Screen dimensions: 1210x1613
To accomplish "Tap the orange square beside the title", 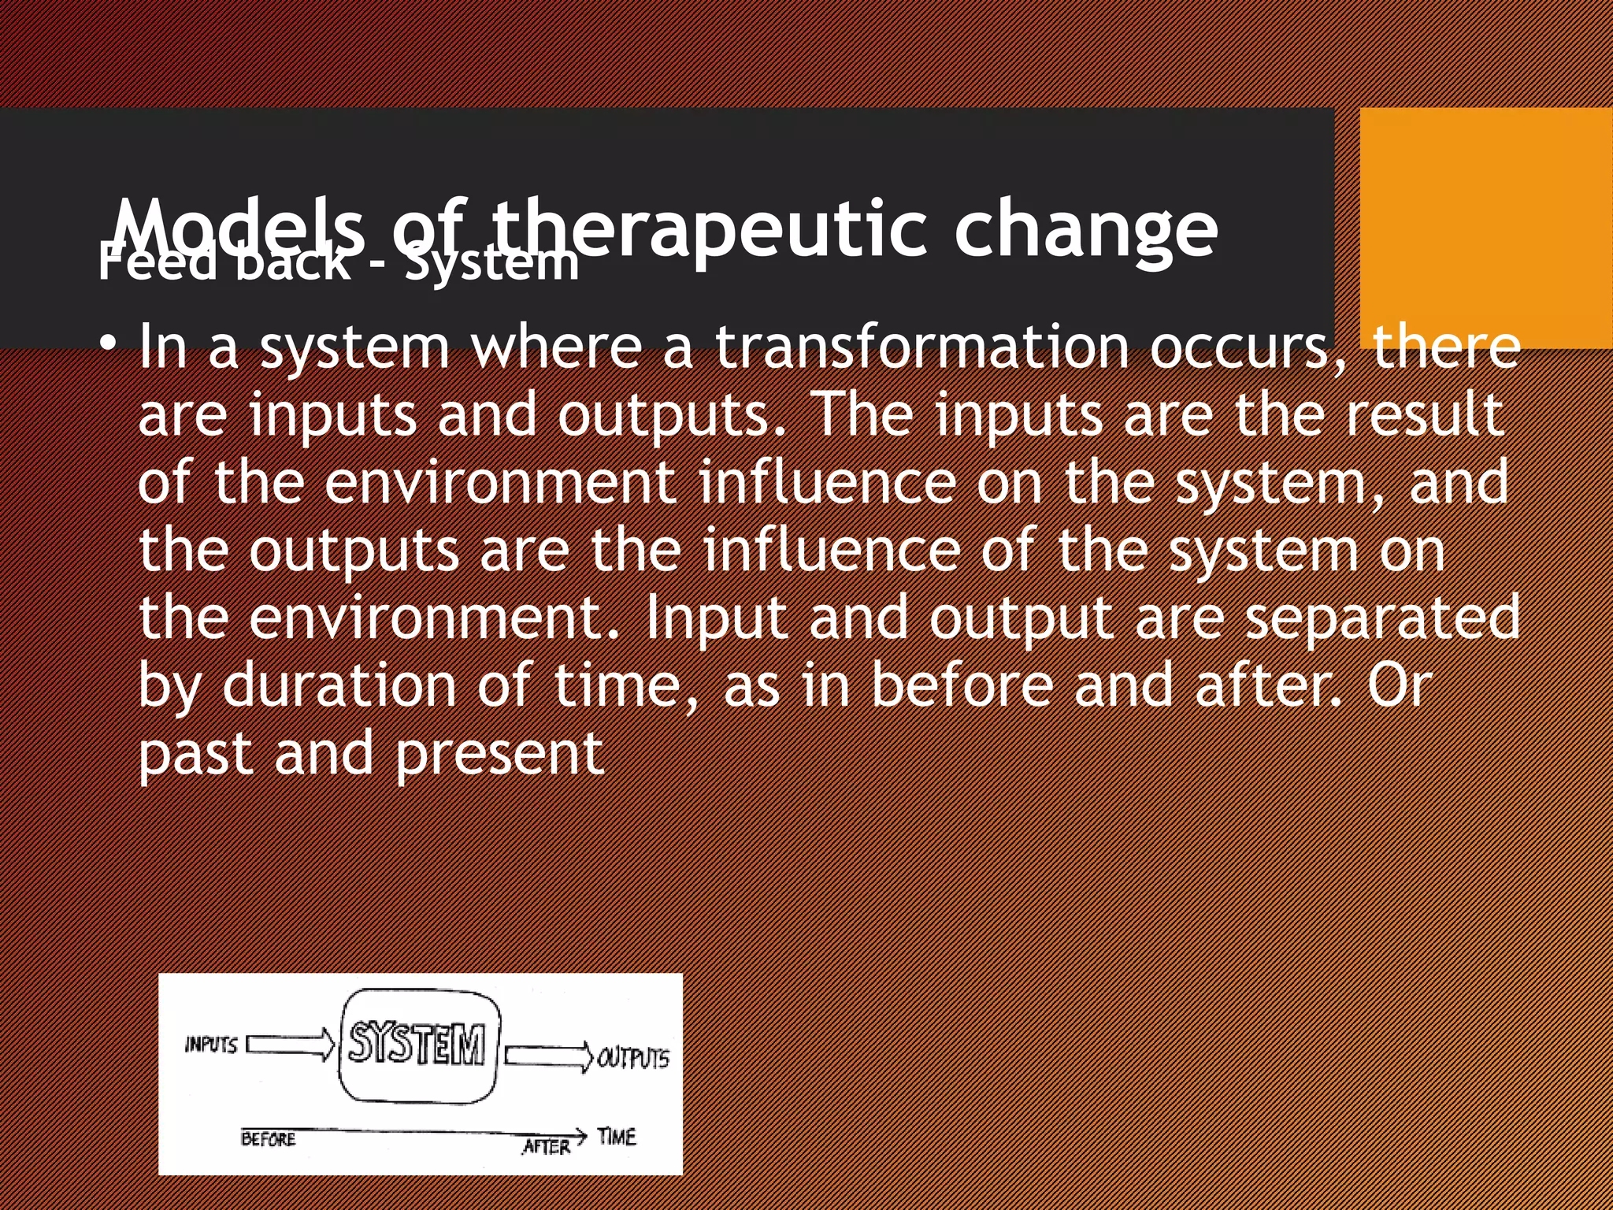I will (1485, 228).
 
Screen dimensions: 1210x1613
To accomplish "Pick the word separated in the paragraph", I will (1382, 618).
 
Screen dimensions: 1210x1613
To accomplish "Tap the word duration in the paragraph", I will (339, 685).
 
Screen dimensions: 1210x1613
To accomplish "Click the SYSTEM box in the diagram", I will (418, 1045).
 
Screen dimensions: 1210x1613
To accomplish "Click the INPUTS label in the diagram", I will (210, 1045).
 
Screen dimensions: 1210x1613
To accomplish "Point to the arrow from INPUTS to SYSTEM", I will (290, 1045).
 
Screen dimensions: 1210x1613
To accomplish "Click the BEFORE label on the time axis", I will (268, 1139).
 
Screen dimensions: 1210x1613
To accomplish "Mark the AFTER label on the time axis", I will (546, 1147).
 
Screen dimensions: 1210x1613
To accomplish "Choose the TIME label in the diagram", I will (616, 1137).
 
